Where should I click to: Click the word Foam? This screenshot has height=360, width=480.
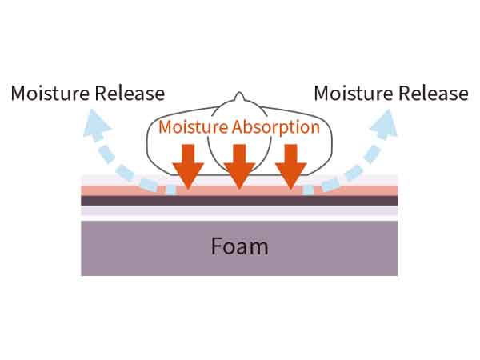[239, 246]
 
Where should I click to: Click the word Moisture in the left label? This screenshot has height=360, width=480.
[50, 93]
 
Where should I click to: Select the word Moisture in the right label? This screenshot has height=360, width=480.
[353, 93]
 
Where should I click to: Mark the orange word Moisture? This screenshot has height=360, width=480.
[193, 126]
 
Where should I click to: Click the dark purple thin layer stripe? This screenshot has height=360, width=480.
[239, 201]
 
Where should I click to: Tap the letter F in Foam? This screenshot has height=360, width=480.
[216, 246]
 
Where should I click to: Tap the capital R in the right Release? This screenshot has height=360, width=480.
[402, 93]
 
